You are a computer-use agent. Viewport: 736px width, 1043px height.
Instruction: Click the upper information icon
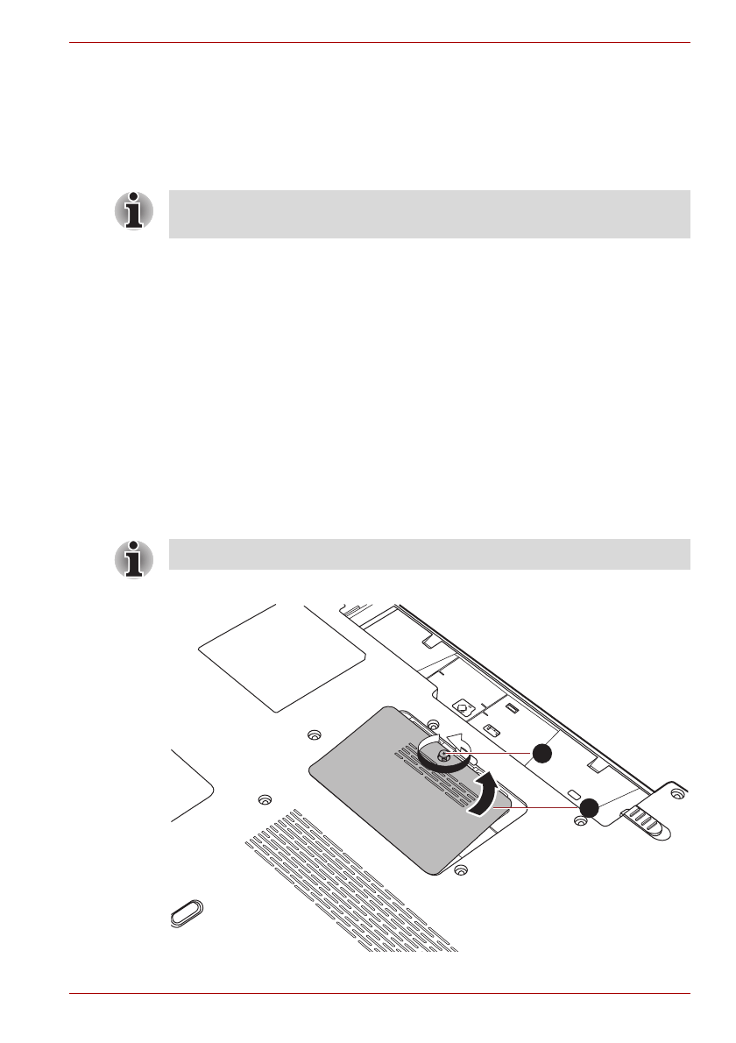[133, 211]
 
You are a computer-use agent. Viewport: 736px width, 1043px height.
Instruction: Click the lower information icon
[133, 558]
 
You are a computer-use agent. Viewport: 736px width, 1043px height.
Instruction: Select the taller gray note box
[429, 214]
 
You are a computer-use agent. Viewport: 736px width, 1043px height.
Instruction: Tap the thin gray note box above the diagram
[429, 555]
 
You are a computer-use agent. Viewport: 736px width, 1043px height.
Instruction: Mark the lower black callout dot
[588, 807]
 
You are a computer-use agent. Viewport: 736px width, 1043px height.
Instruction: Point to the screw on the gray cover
[444, 756]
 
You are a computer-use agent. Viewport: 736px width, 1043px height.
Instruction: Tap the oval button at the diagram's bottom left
[186, 913]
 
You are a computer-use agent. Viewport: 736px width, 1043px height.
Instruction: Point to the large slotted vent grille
[350, 885]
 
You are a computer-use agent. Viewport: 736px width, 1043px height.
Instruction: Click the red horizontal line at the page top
[380, 41]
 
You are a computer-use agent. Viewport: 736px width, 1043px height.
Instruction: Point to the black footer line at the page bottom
[380, 993]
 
